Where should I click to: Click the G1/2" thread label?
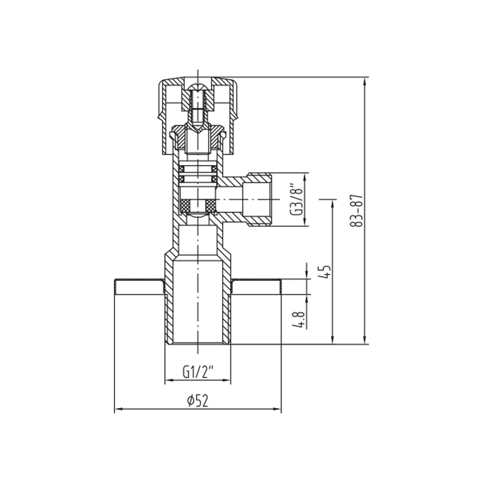tap(197, 372)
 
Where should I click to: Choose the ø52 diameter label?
tap(197, 401)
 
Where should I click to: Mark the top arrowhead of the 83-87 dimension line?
tap(364, 81)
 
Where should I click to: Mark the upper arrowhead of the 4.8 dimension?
tap(307, 275)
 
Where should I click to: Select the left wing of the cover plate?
tap(140, 286)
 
